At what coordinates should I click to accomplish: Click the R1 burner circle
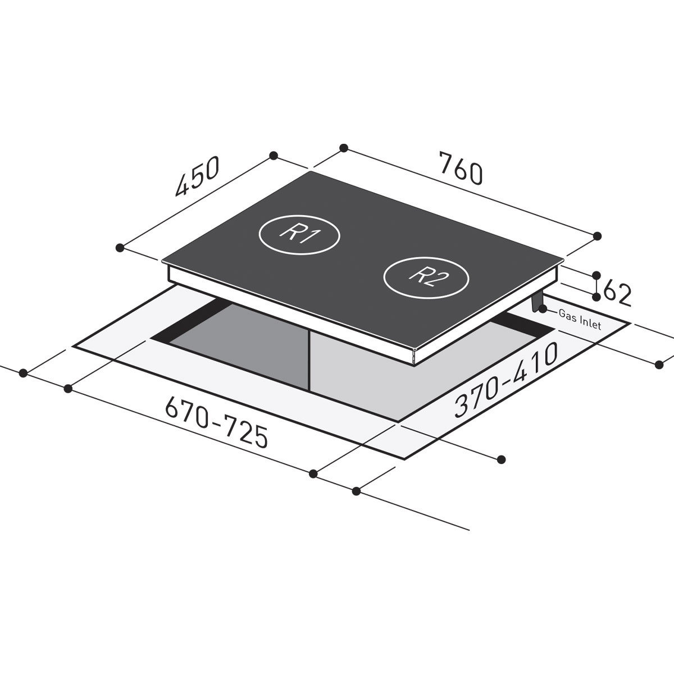coord(299,235)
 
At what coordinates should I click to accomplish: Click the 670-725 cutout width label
coord(216,422)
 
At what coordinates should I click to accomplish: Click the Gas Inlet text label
coord(580,319)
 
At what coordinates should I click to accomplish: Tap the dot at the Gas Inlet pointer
coord(543,308)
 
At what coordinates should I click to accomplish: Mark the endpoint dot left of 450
coord(119,247)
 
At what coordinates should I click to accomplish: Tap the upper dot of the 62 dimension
coord(597,275)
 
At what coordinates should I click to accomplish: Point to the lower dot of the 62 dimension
coord(597,298)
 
